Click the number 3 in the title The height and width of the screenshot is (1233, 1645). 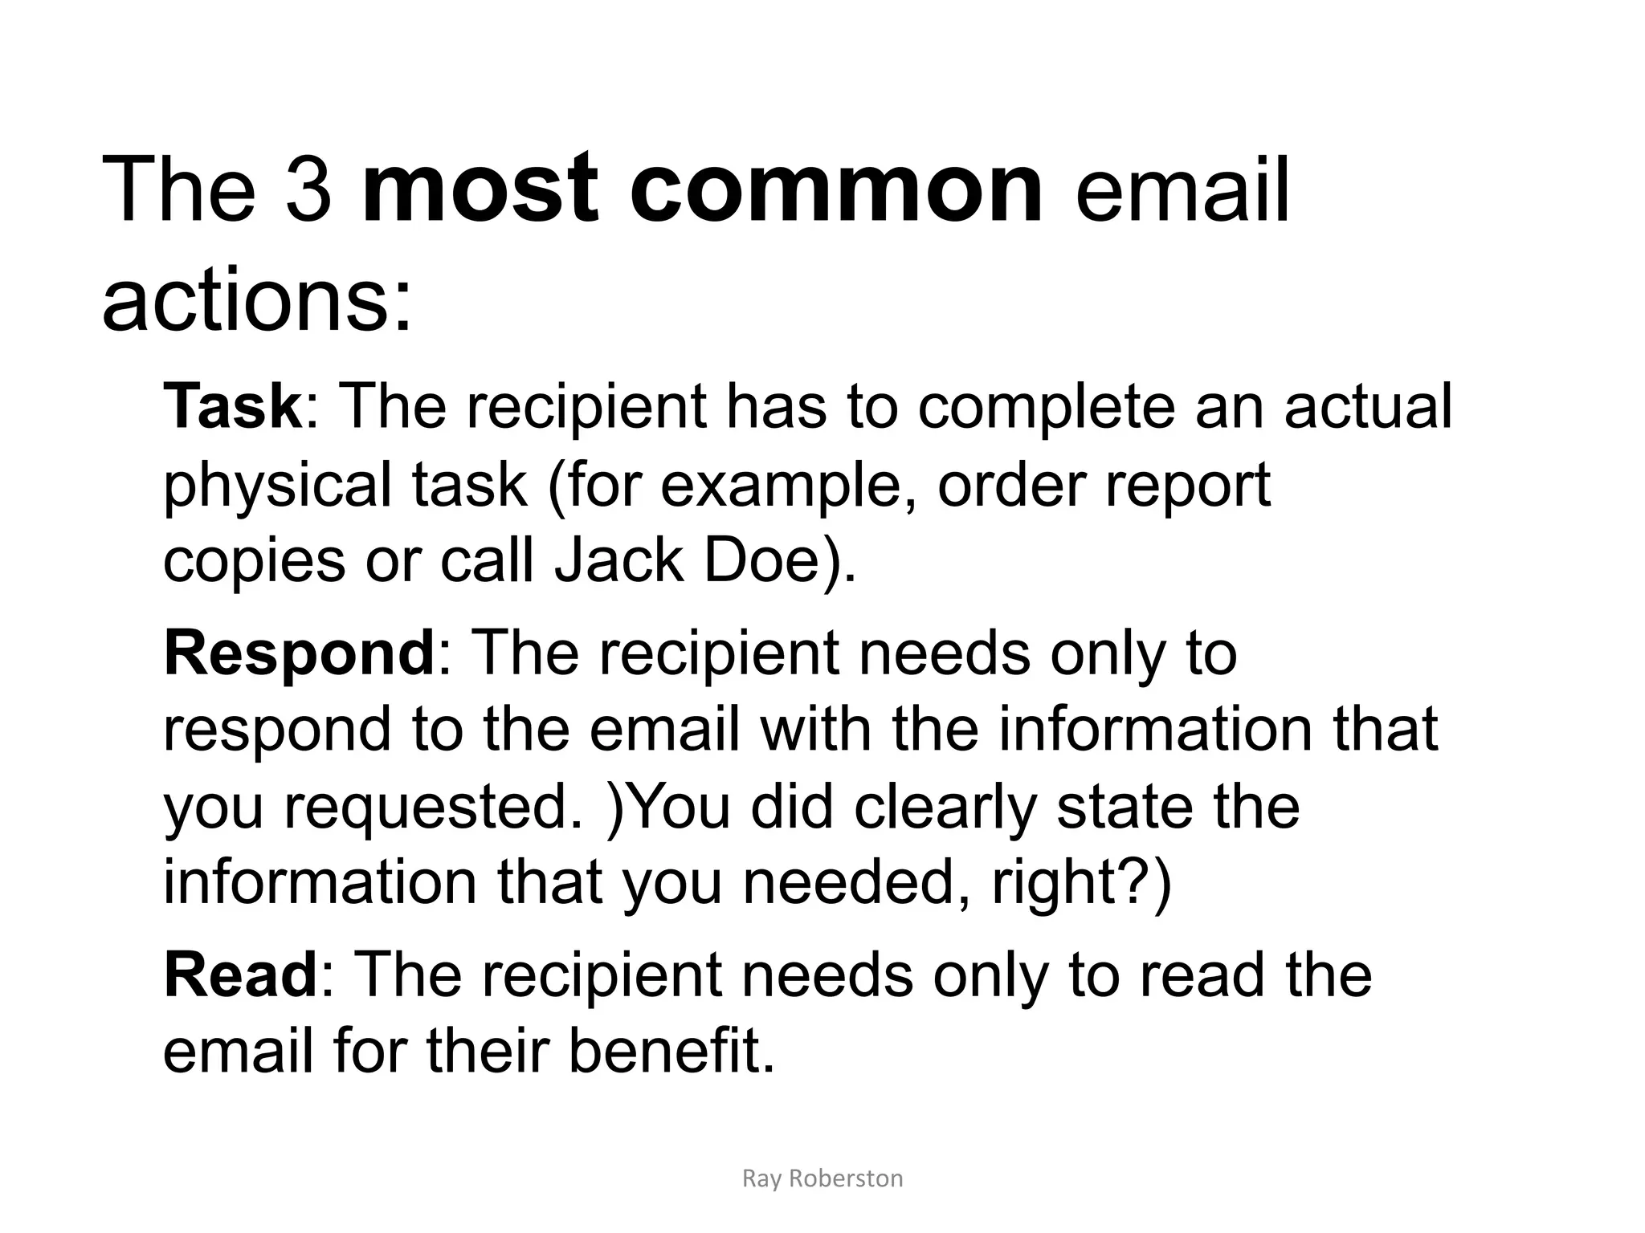click(x=308, y=191)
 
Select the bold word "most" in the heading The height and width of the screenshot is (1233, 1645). click(x=480, y=191)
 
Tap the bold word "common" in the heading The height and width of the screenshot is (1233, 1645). click(x=836, y=191)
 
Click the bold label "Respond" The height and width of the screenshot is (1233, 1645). click(x=299, y=653)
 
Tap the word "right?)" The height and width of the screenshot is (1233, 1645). click(x=1082, y=882)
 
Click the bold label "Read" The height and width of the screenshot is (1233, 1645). click(x=241, y=975)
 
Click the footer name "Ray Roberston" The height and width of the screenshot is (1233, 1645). click(x=822, y=1178)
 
